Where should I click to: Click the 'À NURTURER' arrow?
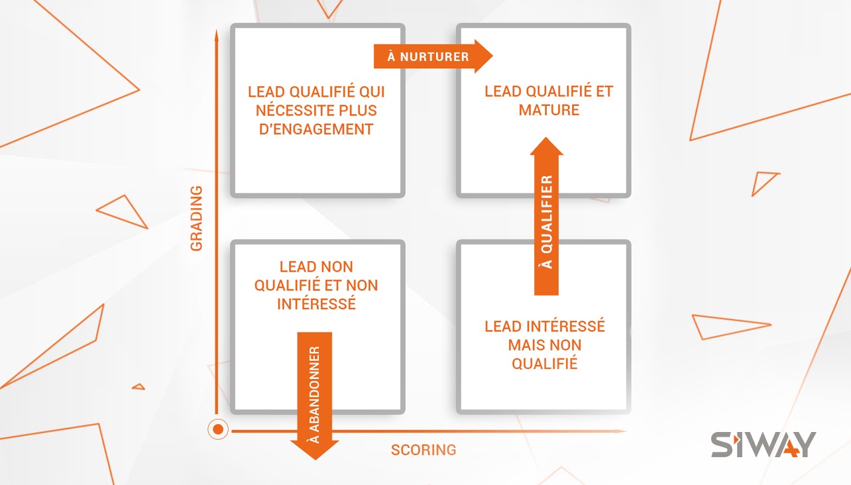tap(433, 56)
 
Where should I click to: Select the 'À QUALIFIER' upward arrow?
tap(546, 216)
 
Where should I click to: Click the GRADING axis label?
tap(196, 219)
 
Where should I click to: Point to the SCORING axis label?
tap(424, 450)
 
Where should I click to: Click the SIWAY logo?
tap(764, 445)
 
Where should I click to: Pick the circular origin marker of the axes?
tap(218, 429)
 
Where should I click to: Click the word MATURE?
tap(549, 110)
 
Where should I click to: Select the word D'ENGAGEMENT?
tap(316, 129)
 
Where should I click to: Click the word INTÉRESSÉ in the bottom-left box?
tap(316, 304)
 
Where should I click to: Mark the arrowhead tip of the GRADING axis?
tap(217, 30)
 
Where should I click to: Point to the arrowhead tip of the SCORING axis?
tap(627, 431)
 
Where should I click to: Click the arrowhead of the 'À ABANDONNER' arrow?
tap(315, 451)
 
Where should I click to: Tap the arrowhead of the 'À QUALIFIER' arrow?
tap(547, 146)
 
